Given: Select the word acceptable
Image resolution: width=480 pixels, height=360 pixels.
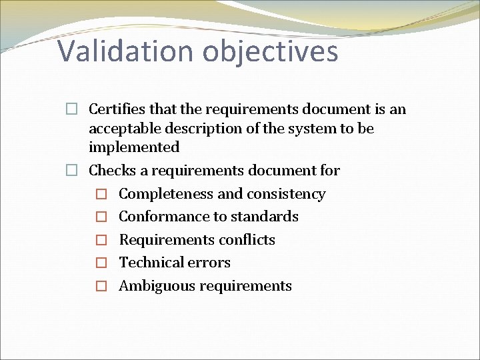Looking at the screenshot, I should pos(122,127).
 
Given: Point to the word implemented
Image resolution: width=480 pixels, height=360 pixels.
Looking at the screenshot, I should pos(134,147).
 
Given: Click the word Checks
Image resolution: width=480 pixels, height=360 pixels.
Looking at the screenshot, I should pos(109,170).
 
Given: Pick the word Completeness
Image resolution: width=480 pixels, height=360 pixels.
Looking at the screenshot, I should pos(164,194).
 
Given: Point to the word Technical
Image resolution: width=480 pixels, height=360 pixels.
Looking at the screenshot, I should pos(146,263).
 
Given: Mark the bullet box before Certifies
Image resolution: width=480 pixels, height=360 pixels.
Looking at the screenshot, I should pos(71,109).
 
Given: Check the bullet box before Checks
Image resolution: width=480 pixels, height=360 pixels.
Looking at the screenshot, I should pos(71,171).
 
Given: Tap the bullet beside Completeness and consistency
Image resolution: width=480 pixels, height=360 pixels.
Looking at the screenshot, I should pos(101,195).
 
